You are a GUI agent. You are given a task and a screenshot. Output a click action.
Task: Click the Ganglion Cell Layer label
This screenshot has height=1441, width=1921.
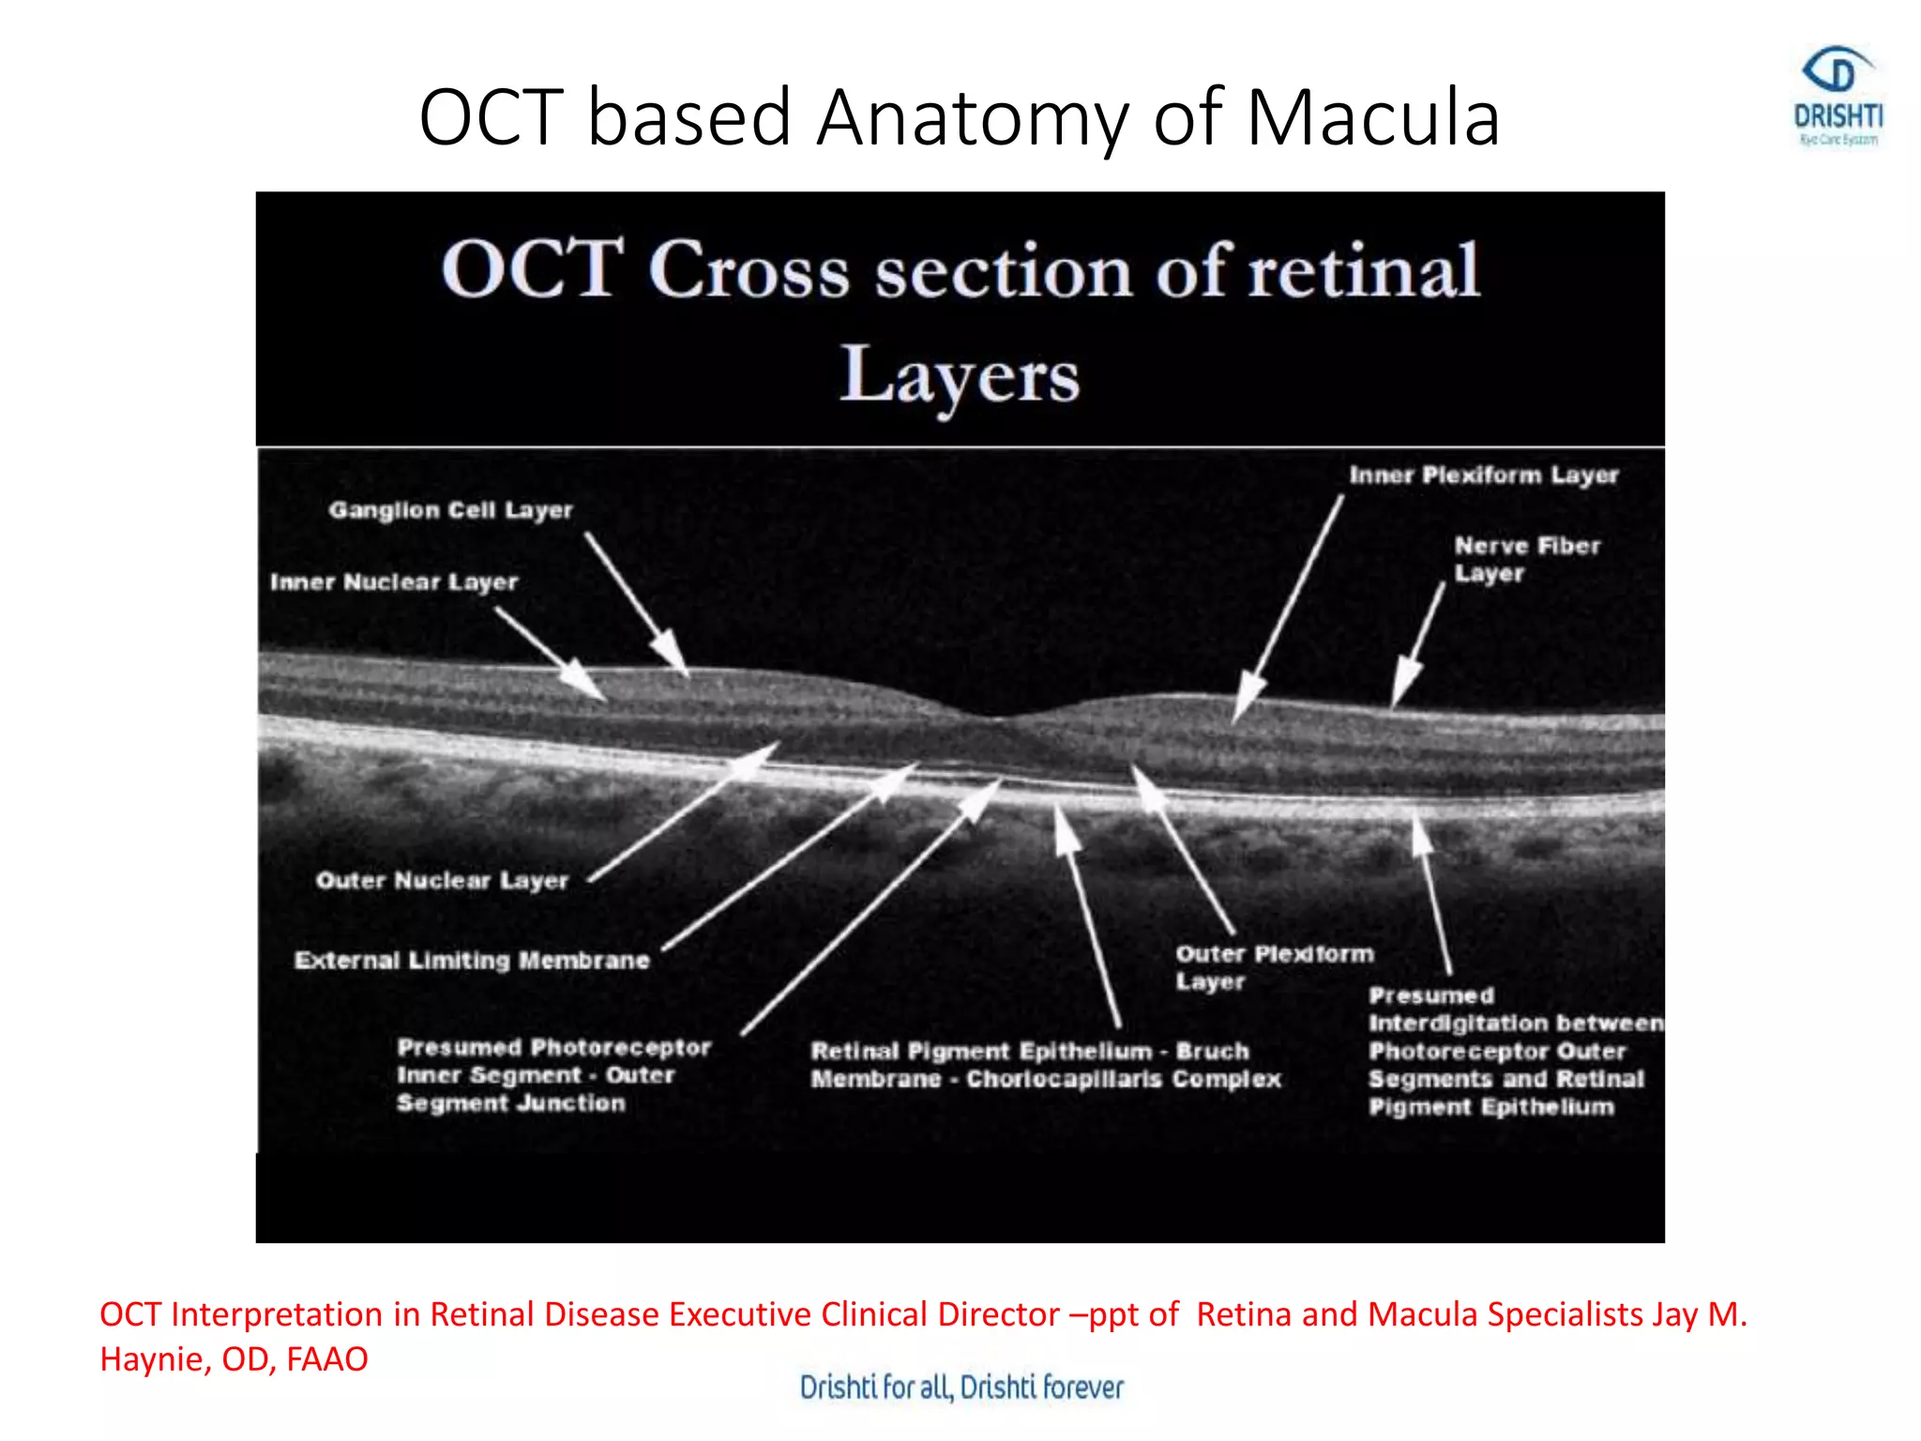[x=450, y=510]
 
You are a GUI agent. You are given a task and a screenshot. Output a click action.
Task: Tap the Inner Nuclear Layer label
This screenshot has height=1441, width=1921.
[x=394, y=583]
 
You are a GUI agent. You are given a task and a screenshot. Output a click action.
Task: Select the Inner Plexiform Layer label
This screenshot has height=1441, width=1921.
[x=1484, y=476]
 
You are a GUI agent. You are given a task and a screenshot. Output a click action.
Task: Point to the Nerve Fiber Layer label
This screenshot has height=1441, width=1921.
[x=1526, y=559]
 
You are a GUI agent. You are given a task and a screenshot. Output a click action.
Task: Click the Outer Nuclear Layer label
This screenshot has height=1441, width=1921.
[x=442, y=881]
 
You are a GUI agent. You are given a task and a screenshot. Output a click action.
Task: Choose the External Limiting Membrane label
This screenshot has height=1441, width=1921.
[x=472, y=961]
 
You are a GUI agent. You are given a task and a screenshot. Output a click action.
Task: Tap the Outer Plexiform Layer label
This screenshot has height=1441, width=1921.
[x=1274, y=967]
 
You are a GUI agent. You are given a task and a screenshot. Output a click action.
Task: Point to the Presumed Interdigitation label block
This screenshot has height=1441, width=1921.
[x=1512, y=1052]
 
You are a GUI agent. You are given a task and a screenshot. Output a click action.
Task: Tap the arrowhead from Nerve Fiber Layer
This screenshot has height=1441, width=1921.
[x=1401, y=686]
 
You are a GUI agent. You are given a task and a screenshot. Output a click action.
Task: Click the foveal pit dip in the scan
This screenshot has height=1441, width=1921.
[x=996, y=718]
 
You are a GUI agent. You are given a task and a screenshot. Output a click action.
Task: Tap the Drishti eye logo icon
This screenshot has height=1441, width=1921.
[x=1837, y=72]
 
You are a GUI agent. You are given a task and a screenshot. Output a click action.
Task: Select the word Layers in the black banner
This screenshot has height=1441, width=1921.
[x=959, y=375]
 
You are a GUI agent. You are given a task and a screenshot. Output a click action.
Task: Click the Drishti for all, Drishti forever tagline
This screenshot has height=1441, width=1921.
[x=960, y=1388]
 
